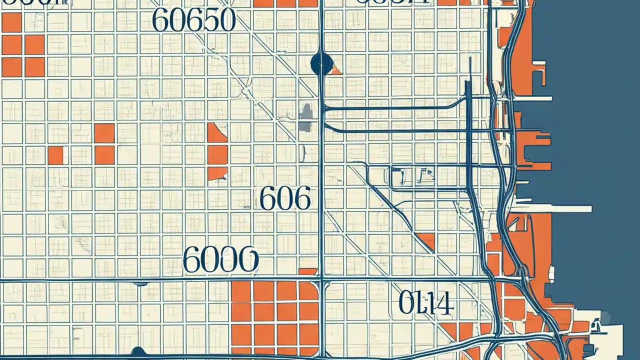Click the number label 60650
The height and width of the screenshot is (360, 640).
click(x=193, y=20)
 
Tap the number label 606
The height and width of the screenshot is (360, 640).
click(x=285, y=199)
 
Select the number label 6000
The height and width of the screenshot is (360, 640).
click(x=220, y=260)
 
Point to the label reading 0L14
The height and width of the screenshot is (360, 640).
click(x=426, y=302)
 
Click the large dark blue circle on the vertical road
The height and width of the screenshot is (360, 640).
click(x=321, y=63)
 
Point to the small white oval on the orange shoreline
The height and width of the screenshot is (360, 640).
click(x=551, y=273)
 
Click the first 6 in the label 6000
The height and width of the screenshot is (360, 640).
click(x=192, y=260)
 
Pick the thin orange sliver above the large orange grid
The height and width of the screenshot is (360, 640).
click(x=307, y=271)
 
